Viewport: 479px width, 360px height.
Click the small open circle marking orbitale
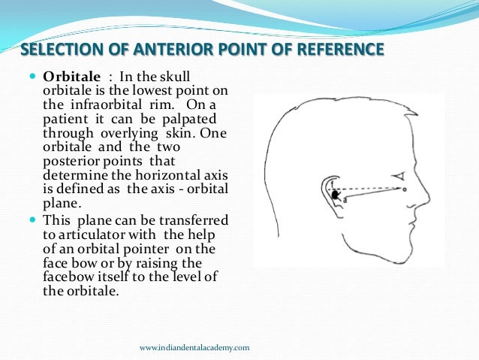point(405,189)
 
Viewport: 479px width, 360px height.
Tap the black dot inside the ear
point(336,195)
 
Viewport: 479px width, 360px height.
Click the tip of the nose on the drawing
point(431,201)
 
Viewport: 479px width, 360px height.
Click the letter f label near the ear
point(331,183)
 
